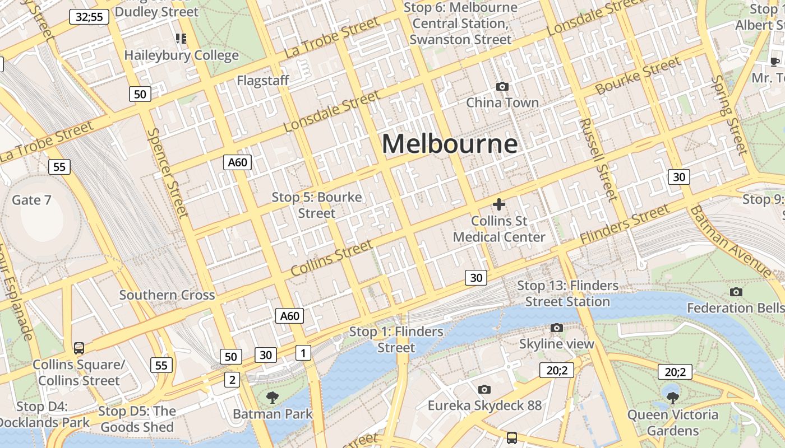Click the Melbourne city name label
(x=450, y=144)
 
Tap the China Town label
(x=502, y=102)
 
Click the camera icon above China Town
(x=502, y=86)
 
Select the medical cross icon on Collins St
(x=498, y=204)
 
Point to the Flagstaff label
(x=263, y=81)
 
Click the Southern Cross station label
(x=167, y=295)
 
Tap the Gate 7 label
(x=31, y=200)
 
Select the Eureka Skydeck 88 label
(x=485, y=405)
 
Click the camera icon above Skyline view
(x=556, y=328)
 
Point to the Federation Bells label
(x=735, y=308)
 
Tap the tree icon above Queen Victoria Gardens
(x=672, y=398)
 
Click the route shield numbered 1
(x=303, y=353)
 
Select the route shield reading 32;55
(x=89, y=17)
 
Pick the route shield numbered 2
(x=232, y=380)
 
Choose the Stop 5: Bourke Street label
(x=317, y=205)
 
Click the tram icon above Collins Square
(x=79, y=348)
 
